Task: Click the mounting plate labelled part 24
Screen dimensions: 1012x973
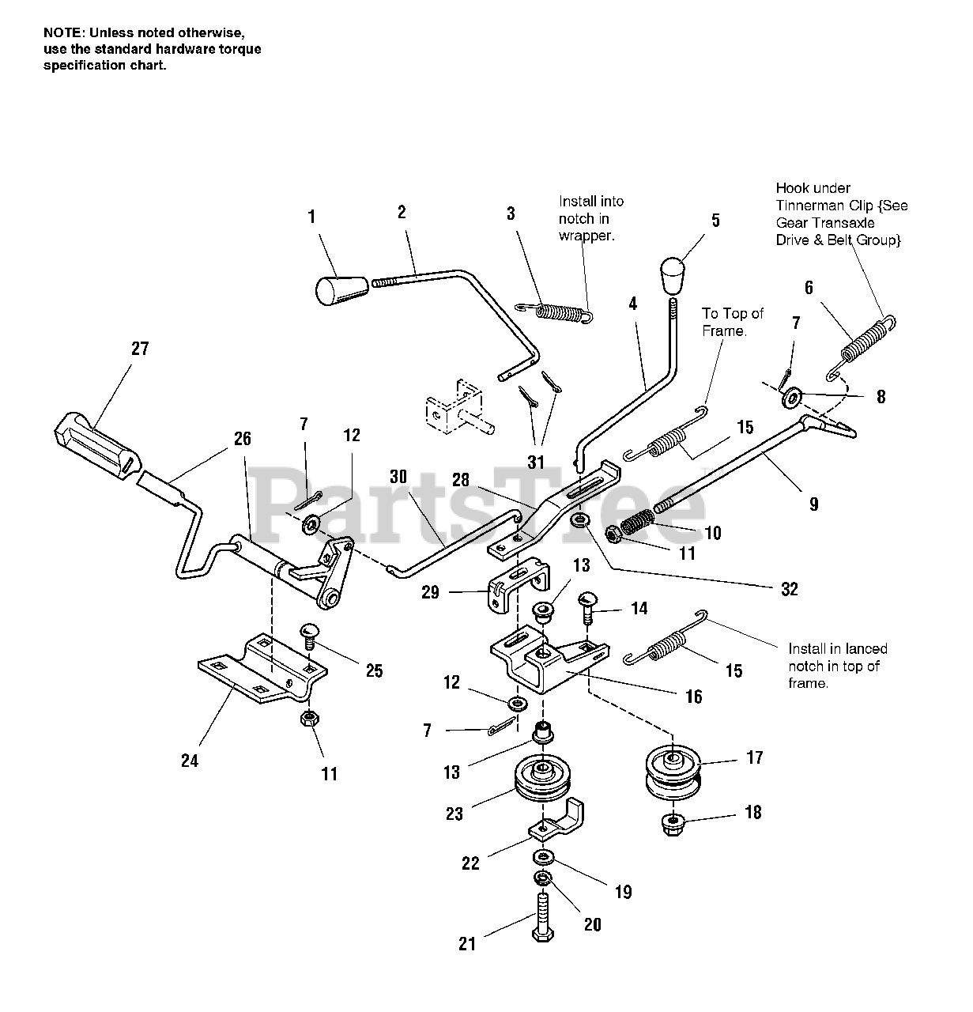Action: pyautogui.click(x=261, y=666)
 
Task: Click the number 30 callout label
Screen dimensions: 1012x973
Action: pyautogui.click(x=398, y=477)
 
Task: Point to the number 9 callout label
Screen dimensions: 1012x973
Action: pyautogui.click(x=813, y=504)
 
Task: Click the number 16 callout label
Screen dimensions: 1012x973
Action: pyautogui.click(x=693, y=697)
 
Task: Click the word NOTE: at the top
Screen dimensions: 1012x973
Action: pyautogui.click(x=63, y=32)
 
